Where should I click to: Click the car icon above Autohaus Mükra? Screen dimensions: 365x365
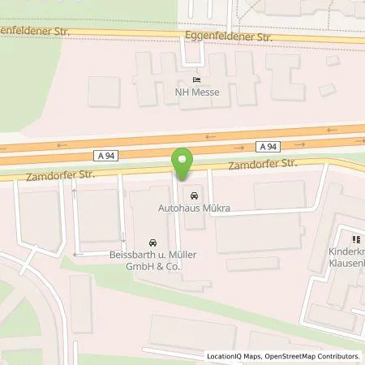pyautogui.click(x=193, y=195)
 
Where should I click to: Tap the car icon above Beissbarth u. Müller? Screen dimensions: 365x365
pyautogui.click(x=152, y=243)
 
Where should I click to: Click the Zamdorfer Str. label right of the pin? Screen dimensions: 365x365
pyautogui.click(x=264, y=164)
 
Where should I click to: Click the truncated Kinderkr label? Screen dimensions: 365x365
pyautogui.click(x=347, y=251)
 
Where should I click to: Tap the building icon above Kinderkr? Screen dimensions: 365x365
pyautogui.click(x=354, y=238)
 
